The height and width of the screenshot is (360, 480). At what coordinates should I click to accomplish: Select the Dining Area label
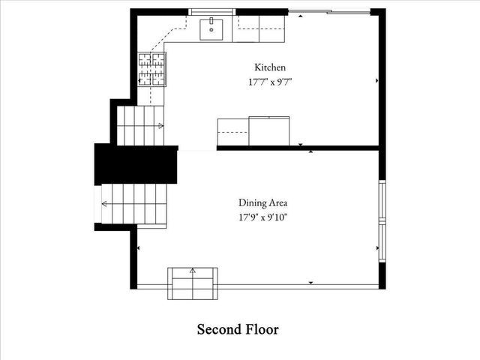tap(262, 202)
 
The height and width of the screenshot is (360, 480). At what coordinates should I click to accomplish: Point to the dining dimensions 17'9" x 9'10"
tap(262, 217)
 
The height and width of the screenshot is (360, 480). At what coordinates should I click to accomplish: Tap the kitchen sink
tap(211, 29)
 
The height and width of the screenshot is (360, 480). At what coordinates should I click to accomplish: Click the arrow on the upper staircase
tap(160, 125)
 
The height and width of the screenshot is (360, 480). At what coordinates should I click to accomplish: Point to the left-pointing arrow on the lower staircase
tap(104, 203)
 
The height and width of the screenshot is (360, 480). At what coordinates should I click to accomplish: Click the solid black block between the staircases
tap(134, 164)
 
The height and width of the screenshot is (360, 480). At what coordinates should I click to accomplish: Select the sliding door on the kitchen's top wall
tap(329, 11)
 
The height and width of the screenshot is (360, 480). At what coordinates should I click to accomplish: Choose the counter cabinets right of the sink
tap(260, 30)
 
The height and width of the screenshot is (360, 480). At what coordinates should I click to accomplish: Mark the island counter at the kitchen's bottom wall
tap(253, 130)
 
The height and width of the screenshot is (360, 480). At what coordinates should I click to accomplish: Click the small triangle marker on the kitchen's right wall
tap(376, 79)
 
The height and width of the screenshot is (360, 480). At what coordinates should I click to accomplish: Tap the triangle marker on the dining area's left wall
tap(139, 248)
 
